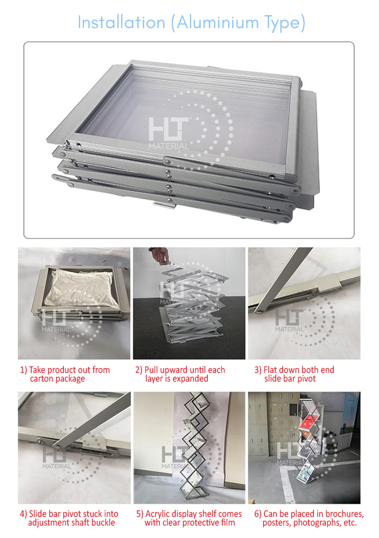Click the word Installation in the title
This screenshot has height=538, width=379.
[x=121, y=23]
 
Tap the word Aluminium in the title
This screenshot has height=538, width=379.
[x=215, y=23]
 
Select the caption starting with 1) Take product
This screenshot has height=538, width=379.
[x=65, y=374]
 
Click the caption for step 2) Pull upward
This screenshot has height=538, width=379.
[x=180, y=374]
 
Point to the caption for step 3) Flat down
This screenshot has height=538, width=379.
[x=294, y=374]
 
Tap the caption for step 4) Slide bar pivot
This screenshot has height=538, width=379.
[x=69, y=518]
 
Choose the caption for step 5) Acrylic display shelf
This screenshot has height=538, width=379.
[x=189, y=518]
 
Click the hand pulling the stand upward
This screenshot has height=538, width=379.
[x=159, y=255]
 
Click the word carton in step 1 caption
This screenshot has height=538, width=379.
[x=42, y=379]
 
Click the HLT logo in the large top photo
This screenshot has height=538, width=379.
[x=168, y=133]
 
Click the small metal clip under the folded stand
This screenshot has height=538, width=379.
[x=165, y=205]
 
